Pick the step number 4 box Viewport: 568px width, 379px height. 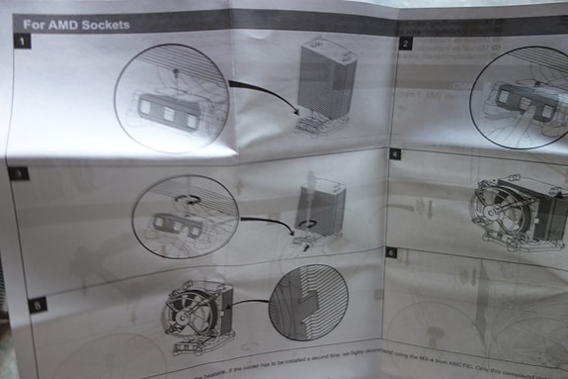395,154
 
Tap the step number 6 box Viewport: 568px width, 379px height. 391,253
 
